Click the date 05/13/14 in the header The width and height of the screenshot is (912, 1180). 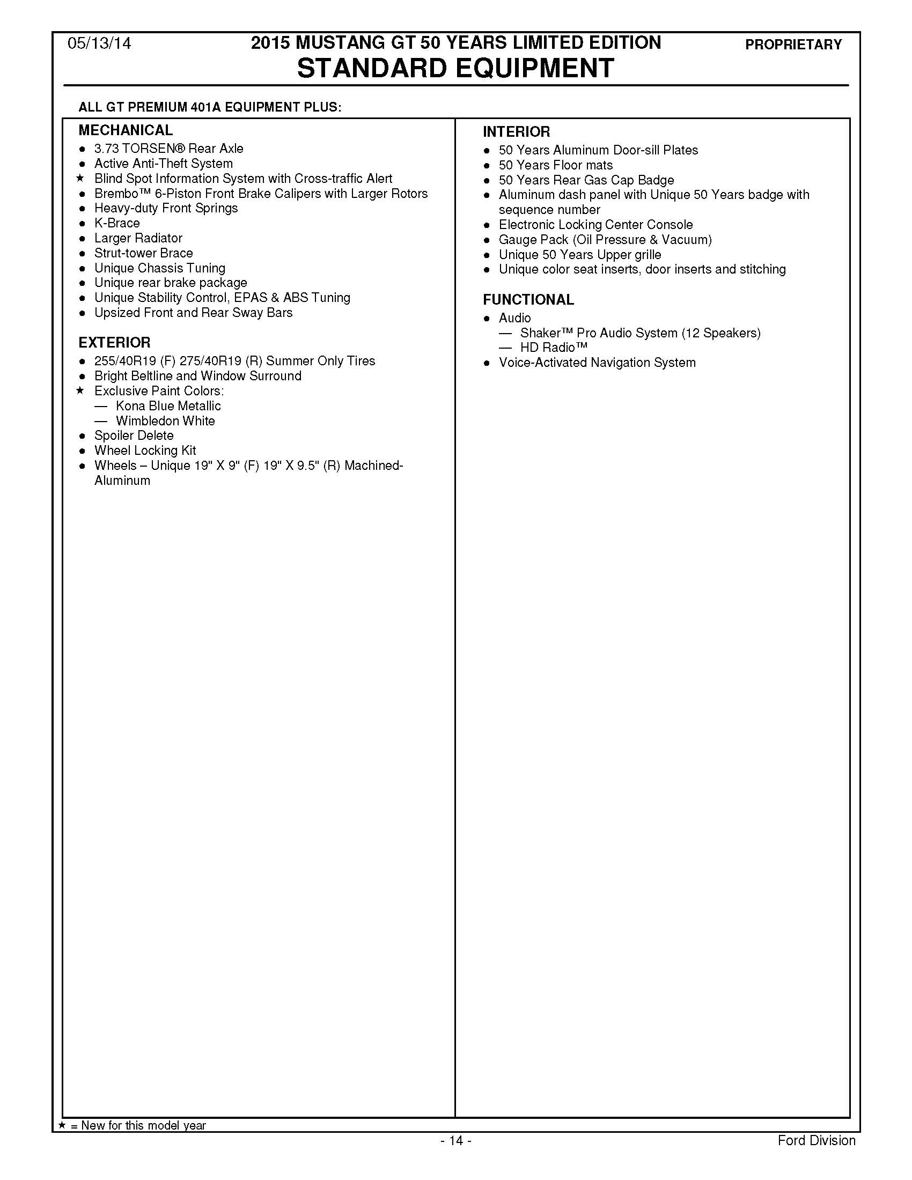pos(99,44)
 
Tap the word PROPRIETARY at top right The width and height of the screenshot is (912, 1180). pos(793,45)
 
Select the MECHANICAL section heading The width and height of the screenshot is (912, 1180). pos(126,130)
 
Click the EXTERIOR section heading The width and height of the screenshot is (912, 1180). pos(114,343)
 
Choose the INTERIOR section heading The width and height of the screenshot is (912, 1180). pos(516,132)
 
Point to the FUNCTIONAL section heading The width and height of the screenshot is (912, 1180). pos(528,300)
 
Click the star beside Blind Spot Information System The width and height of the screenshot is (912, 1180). pos(81,178)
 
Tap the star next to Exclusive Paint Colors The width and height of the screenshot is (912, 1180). pos(81,390)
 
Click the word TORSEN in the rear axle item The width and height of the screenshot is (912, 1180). pos(150,149)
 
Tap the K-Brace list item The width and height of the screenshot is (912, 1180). pos(117,223)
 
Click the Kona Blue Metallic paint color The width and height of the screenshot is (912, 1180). pos(168,406)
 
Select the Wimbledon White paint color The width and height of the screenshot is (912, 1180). pos(165,421)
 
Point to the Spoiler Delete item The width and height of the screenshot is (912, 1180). pos(134,436)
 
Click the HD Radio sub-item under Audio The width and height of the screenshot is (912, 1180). pos(553,348)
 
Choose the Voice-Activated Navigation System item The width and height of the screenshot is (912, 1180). pos(597,363)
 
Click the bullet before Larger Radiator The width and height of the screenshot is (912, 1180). pos(82,239)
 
